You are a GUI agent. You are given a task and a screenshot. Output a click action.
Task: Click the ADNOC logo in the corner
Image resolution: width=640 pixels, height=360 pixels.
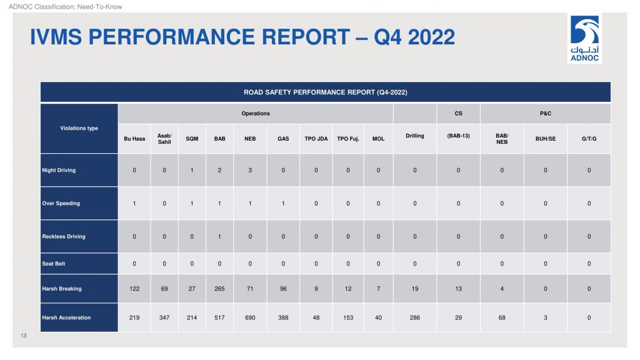(x=584, y=38)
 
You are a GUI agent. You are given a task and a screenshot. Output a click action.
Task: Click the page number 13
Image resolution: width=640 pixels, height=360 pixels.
(x=24, y=336)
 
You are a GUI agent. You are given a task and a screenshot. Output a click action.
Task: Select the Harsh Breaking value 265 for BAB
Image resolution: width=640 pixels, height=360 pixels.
(x=219, y=289)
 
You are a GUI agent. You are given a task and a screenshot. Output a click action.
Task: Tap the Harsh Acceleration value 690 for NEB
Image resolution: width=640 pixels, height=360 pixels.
(x=250, y=317)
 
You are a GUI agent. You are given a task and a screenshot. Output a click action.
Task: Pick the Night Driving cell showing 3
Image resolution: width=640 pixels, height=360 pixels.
(x=250, y=170)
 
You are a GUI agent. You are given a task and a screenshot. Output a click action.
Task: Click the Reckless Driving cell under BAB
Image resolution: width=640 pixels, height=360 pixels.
(x=219, y=236)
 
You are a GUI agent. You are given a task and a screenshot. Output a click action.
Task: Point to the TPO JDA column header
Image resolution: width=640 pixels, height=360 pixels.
(x=316, y=139)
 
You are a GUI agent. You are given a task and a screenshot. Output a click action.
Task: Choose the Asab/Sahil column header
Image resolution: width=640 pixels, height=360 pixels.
(x=164, y=139)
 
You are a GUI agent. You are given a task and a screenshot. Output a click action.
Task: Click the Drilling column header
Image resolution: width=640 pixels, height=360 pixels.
(x=415, y=136)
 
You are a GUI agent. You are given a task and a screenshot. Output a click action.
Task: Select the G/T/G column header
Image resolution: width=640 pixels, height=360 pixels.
(x=589, y=139)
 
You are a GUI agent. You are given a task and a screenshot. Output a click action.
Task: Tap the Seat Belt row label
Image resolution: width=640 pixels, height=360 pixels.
(x=54, y=264)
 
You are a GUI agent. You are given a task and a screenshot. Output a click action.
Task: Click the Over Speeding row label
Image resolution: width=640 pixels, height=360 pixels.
(x=61, y=203)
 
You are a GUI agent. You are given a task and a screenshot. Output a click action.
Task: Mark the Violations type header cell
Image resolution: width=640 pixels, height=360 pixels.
(x=79, y=128)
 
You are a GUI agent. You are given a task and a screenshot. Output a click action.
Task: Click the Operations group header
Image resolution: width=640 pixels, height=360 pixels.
(x=256, y=114)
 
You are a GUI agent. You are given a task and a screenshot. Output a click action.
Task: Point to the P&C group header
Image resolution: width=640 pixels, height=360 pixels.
(x=546, y=114)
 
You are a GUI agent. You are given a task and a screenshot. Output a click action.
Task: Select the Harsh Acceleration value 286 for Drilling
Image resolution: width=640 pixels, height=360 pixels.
(x=415, y=317)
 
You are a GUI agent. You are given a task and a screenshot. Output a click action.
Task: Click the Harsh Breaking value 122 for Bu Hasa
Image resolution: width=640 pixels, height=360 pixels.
(x=134, y=289)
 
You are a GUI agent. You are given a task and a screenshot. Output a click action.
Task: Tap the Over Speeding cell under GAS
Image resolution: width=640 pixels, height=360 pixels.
(x=283, y=203)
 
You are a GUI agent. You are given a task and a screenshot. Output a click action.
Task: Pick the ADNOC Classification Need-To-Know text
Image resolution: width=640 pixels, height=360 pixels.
(x=65, y=6)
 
